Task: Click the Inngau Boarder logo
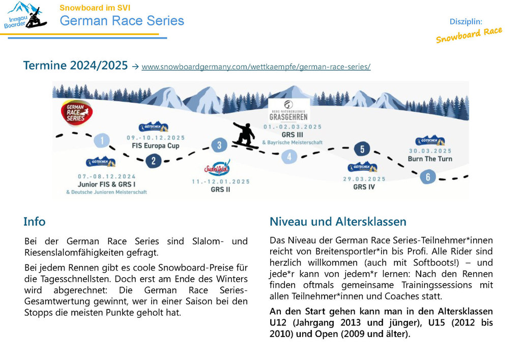click(x=25, y=15)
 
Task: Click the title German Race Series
click(x=122, y=21)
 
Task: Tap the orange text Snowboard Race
click(x=469, y=35)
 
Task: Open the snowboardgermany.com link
click(x=256, y=67)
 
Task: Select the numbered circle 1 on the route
click(x=102, y=140)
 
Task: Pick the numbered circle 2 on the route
click(x=153, y=161)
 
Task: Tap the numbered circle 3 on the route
click(x=219, y=145)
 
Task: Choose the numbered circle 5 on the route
click(x=362, y=149)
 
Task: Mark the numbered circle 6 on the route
click(x=427, y=176)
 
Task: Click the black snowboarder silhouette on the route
click(x=245, y=135)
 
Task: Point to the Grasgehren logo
click(x=289, y=111)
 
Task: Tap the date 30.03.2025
click(x=430, y=151)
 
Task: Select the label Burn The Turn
click(x=430, y=159)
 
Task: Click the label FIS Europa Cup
click(x=155, y=145)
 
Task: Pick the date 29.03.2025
click(x=364, y=179)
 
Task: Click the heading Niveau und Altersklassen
click(x=338, y=222)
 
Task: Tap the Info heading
click(x=34, y=222)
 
